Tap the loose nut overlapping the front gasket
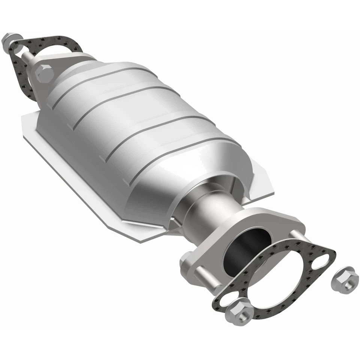(238, 311)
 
